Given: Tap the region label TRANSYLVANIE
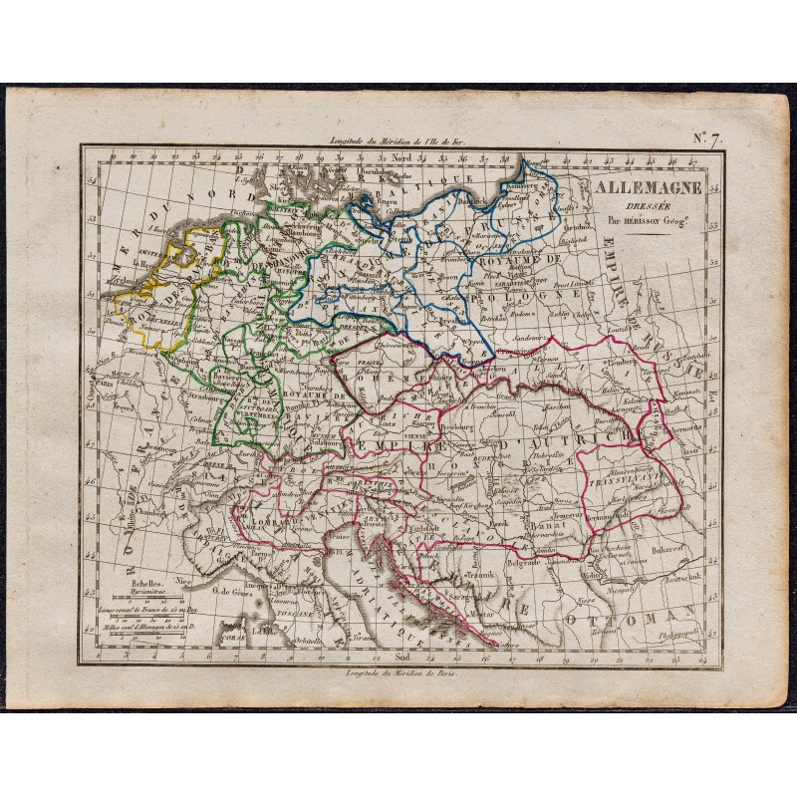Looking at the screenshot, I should point(627,474).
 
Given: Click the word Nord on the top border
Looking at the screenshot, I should point(401,157).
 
